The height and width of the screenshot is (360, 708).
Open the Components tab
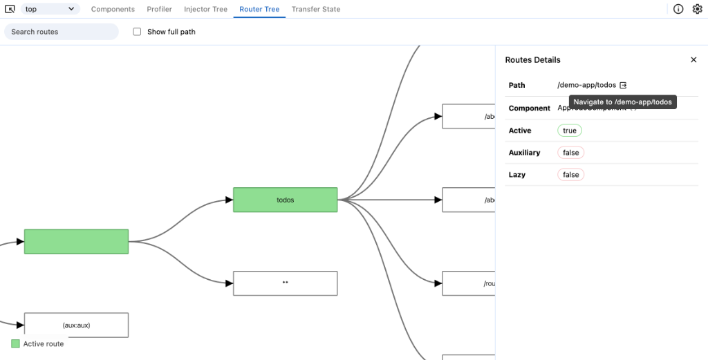(113, 9)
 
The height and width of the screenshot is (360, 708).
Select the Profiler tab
(159, 9)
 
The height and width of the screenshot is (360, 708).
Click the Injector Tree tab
(205, 9)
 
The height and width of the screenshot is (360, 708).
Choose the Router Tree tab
(259, 9)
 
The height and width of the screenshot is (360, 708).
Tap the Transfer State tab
(315, 9)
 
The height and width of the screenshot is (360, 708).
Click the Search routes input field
(62, 32)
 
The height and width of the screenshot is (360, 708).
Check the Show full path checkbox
(137, 32)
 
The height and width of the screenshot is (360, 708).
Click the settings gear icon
(697, 9)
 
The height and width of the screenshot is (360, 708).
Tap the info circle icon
(678, 9)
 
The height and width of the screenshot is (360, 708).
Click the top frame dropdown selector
(50, 9)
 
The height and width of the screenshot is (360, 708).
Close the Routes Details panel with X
(693, 60)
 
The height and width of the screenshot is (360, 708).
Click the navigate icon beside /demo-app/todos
(623, 85)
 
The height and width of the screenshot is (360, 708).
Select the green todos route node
(285, 200)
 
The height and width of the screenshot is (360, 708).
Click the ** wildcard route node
(285, 283)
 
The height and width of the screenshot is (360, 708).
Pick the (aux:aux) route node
(76, 325)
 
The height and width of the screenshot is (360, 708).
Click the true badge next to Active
(570, 131)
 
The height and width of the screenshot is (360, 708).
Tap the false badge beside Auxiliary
(570, 153)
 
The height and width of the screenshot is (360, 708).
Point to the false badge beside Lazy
(570, 175)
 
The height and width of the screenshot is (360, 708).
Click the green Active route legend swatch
(15, 343)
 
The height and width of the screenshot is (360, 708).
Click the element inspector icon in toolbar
(10, 9)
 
